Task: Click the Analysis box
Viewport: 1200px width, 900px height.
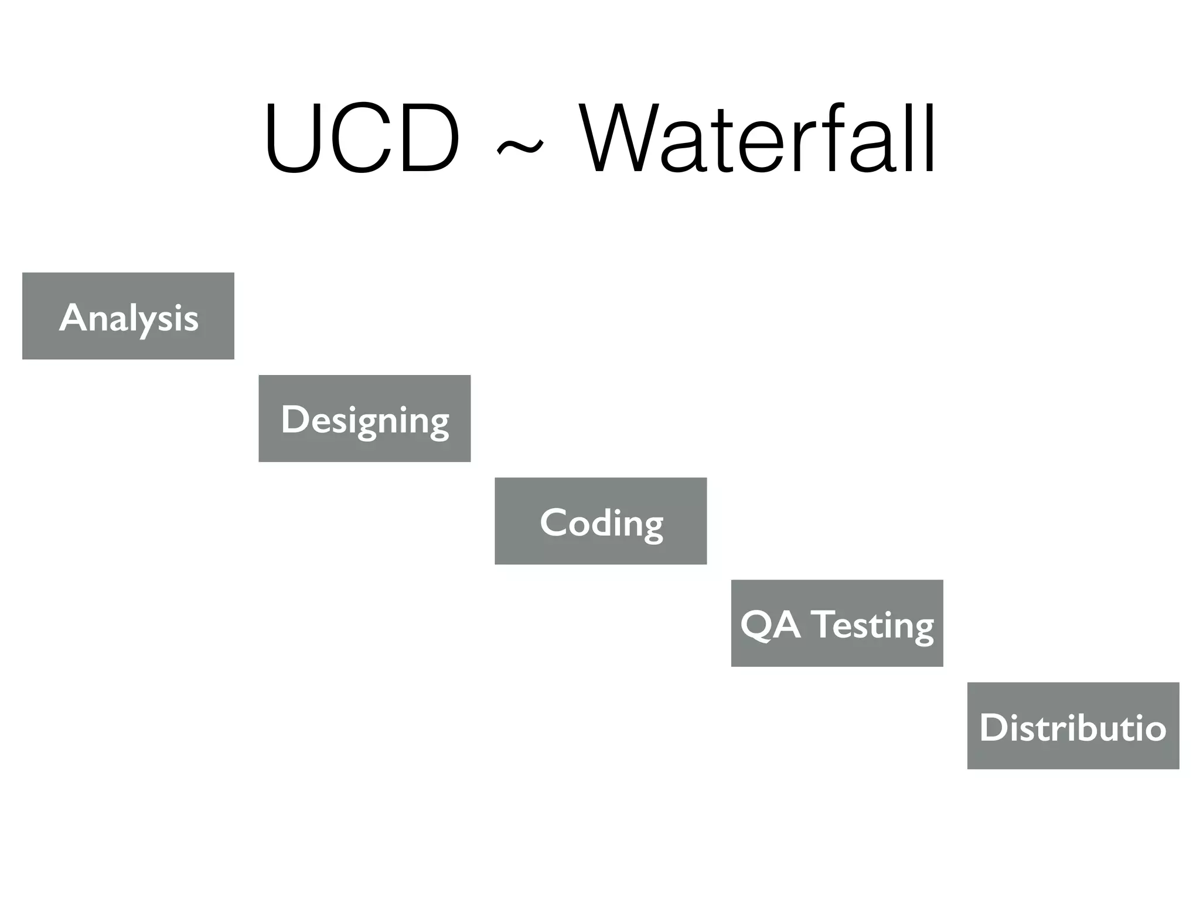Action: [x=128, y=316]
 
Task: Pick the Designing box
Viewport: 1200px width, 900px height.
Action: [x=364, y=418]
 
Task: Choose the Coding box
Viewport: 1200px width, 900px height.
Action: [x=601, y=521]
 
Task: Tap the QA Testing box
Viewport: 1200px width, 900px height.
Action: [x=837, y=623]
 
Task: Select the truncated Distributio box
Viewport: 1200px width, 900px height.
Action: [x=1073, y=726]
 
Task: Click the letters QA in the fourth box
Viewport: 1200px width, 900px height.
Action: [x=770, y=625]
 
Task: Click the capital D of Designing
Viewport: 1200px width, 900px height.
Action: [x=294, y=419]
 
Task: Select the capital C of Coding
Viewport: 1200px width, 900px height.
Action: [x=554, y=521]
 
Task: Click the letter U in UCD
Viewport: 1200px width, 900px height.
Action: [x=293, y=139]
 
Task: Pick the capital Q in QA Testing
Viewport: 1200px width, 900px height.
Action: [x=756, y=625]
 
